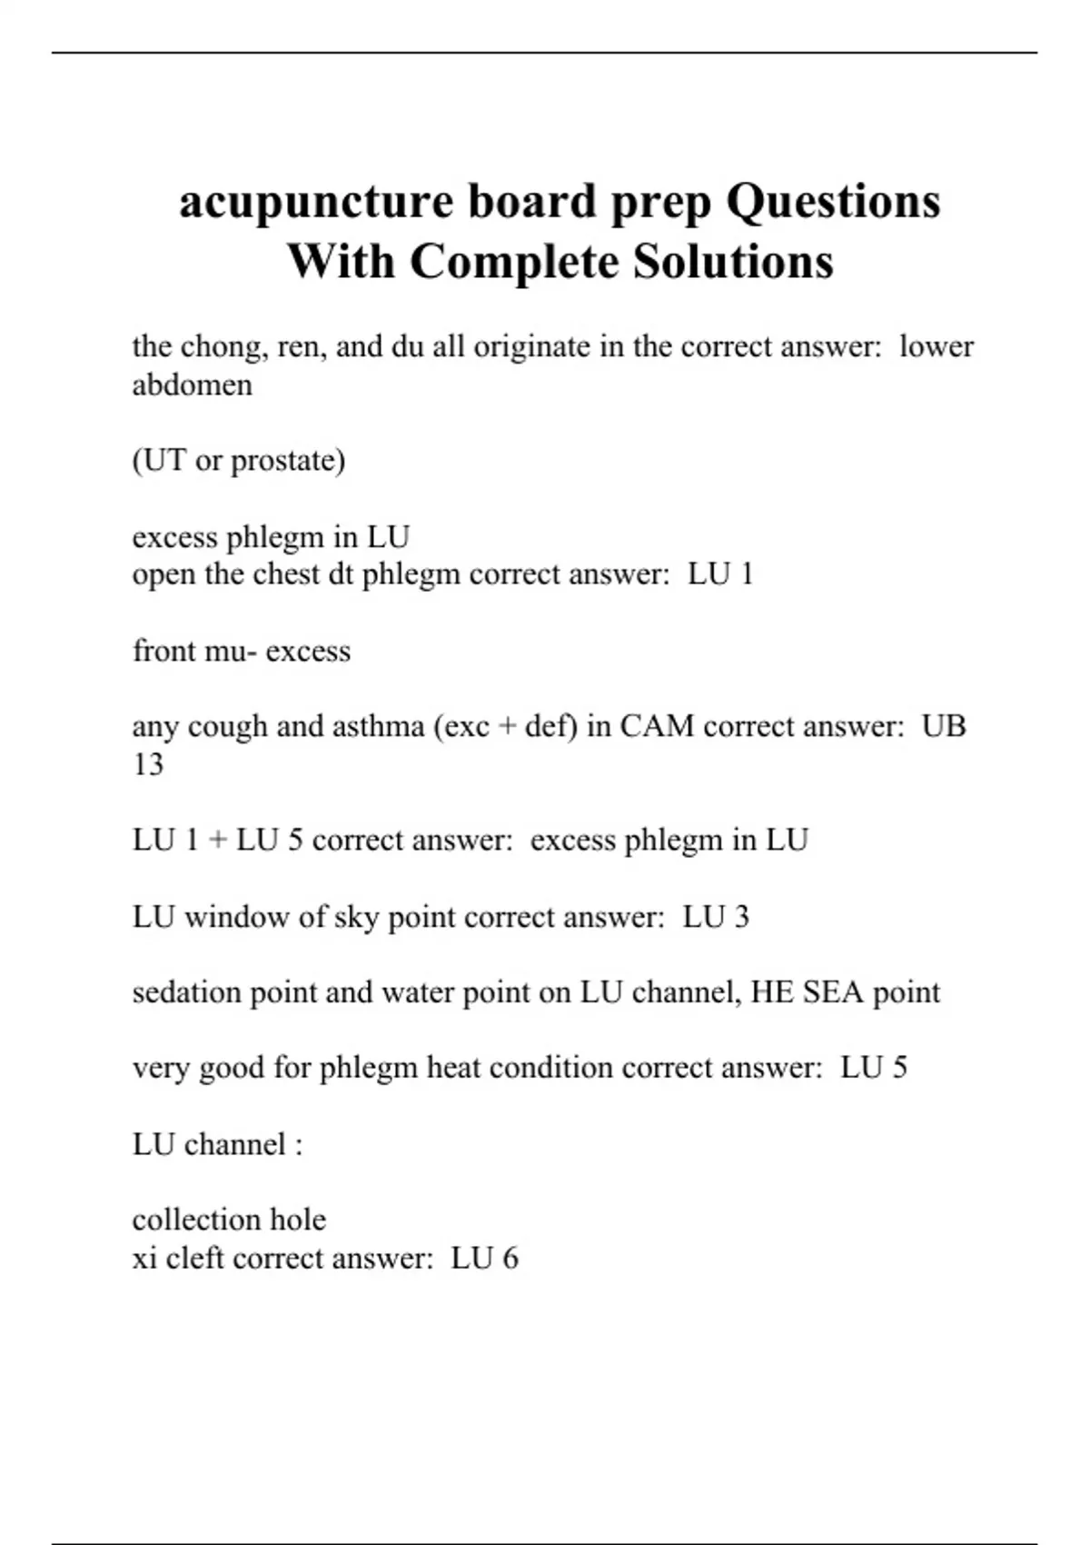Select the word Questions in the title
point(833,202)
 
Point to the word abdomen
point(193,385)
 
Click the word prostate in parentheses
point(287,461)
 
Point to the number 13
point(148,764)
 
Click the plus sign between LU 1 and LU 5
point(217,841)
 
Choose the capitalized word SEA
point(833,992)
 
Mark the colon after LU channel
point(298,1145)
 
